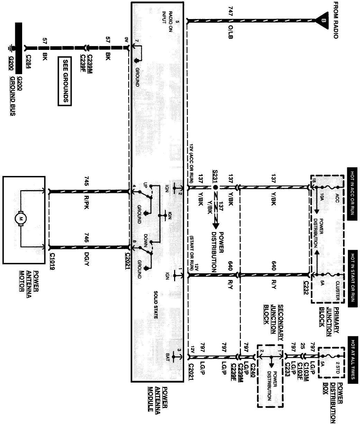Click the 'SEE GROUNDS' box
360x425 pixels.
point(65,81)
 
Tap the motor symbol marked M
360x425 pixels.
point(20,218)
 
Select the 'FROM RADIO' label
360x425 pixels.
point(335,20)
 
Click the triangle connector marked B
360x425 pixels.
point(322,20)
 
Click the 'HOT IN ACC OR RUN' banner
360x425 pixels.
point(352,194)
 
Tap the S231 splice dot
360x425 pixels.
point(215,187)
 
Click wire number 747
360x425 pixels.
point(231,11)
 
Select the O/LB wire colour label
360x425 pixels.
point(231,32)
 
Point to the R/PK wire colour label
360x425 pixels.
point(87,202)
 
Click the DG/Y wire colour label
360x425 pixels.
point(87,259)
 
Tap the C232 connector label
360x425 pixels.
point(306,287)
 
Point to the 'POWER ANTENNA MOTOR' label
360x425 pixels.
point(29,281)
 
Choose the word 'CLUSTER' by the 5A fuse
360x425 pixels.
point(337,290)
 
